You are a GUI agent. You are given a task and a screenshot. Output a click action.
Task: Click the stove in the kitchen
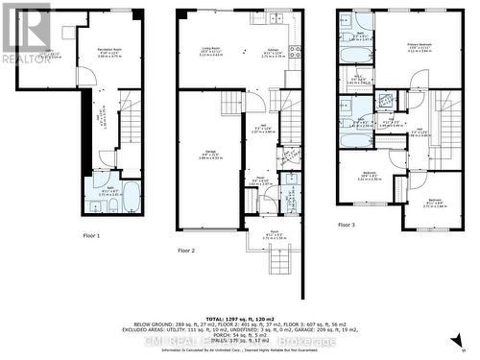[296, 51]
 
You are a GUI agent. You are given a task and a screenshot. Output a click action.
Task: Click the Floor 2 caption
[186, 250]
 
